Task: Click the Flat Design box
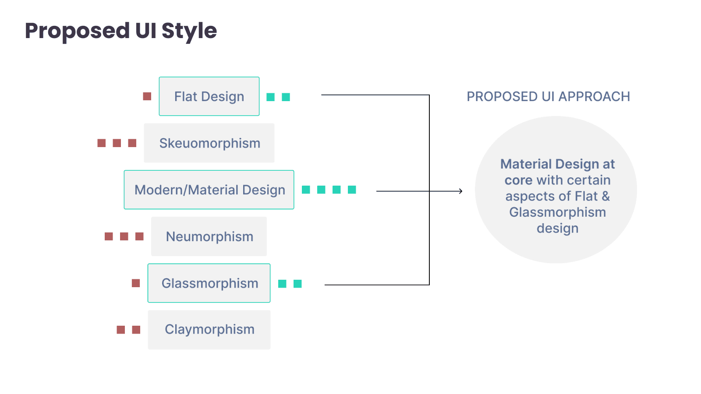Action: [x=209, y=96]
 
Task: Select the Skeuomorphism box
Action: [x=209, y=143]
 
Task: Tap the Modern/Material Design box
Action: [x=209, y=190]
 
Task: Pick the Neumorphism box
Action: [x=209, y=236]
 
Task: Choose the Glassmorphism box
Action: [x=209, y=283]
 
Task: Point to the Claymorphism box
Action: [x=209, y=330]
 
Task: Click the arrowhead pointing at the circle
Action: [x=460, y=191]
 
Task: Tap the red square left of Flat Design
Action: [x=147, y=96]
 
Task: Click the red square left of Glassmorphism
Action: [x=136, y=283]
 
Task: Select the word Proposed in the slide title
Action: [x=77, y=31]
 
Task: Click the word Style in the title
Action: [x=189, y=31]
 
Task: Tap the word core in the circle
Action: [x=518, y=180]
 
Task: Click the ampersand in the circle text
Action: [x=606, y=196]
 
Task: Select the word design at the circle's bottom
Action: [x=557, y=229]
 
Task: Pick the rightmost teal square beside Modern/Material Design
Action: [x=352, y=190]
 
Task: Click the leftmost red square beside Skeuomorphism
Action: [x=102, y=143]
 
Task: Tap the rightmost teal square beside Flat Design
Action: [x=286, y=97]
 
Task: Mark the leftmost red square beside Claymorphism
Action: [x=121, y=330]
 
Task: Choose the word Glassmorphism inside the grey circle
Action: [x=557, y=212]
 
